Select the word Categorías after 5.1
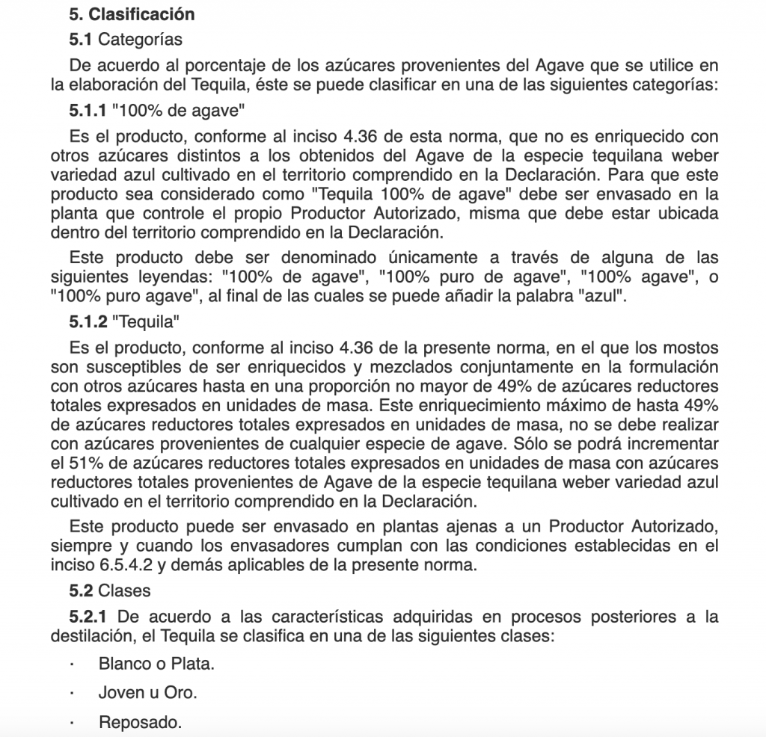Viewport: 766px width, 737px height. tap(140, 39)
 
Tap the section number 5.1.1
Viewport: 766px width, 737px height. tap(88, 112)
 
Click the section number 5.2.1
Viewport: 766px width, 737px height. tap(89, 617)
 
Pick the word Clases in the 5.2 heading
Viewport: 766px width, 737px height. tap(124, 590)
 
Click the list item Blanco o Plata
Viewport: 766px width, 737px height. tap(156, 663)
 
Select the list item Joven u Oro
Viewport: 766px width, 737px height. tap(148, 693)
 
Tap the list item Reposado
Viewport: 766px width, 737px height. tap(140, 723)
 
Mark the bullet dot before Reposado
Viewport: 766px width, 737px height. tap(72, 723)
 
